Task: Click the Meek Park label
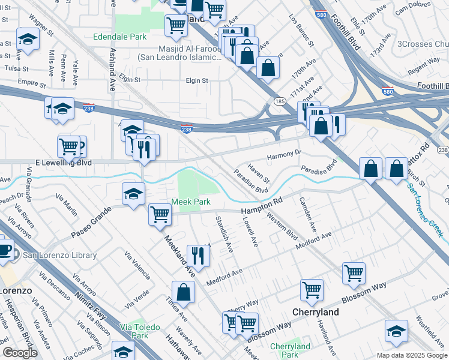pos(191,202)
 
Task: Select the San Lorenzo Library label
pos(59,255)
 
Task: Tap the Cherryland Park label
pos(290,350)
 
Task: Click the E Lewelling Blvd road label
pos(64,163)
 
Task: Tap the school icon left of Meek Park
pos(133,193)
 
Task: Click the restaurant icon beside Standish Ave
pos(197,256)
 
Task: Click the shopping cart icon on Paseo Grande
pos(160,214)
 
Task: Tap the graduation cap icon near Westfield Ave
pos(396,331)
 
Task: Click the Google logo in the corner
pos(20,352)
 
